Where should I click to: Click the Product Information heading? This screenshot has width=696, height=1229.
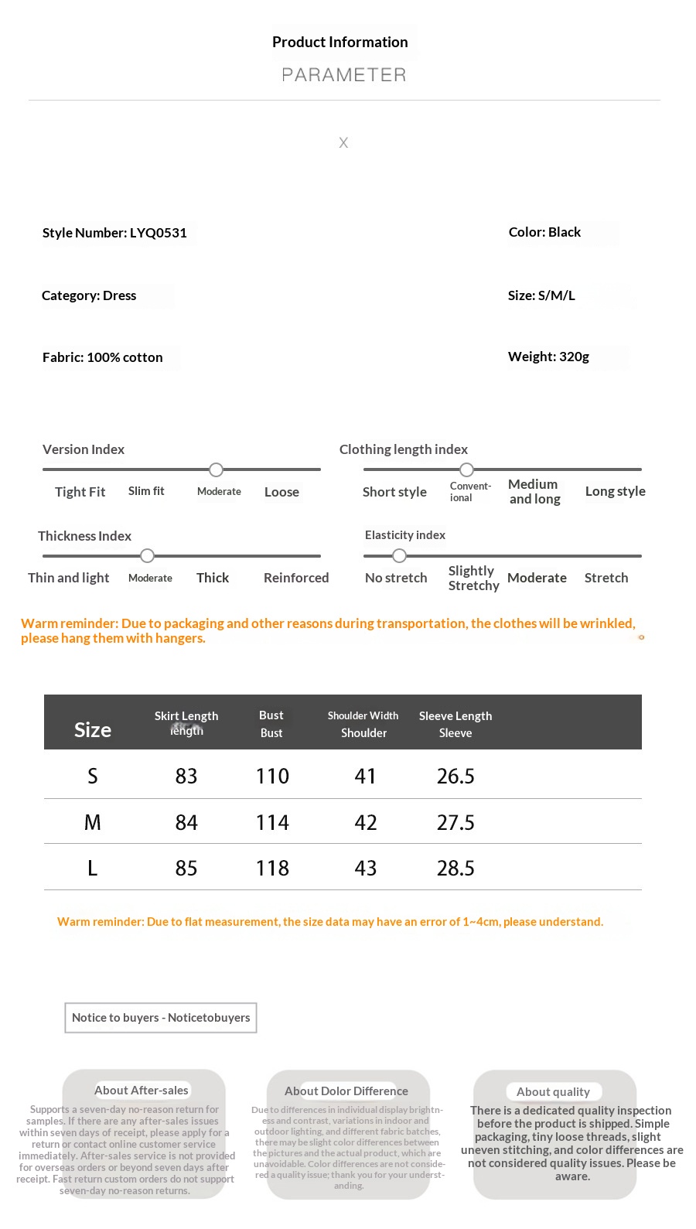[340, 43]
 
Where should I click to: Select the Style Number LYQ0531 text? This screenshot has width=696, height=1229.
[114, 233]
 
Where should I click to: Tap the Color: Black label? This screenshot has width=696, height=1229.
[544, 232]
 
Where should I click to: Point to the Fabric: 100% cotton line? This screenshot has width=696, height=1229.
[102, 357]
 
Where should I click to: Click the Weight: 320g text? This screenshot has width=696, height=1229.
[548, 357]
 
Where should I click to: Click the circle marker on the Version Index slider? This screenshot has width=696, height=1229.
[217, 469]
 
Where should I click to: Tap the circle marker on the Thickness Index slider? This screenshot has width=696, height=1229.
[148, 555]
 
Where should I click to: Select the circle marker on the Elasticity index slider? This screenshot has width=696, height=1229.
[399, 555]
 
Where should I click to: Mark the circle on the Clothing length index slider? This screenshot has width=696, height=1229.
[467, 469]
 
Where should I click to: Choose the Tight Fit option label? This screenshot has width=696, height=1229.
[80, 492]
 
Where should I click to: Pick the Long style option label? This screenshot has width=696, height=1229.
[615, 491]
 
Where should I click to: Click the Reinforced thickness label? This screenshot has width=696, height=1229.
[296, 578]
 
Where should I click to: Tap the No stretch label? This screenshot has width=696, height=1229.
[396, 578]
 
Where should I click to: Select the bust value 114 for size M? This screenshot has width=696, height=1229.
[272, 822]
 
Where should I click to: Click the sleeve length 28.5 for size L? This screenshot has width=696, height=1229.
[455, 868]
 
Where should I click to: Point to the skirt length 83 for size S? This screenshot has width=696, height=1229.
[186, 776]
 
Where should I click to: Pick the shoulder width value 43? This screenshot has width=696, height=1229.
[365, 868]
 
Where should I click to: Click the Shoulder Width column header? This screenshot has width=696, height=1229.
[363, 716]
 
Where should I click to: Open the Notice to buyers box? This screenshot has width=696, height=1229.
[161, 1018]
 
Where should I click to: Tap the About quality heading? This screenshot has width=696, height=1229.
[553, 1091]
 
